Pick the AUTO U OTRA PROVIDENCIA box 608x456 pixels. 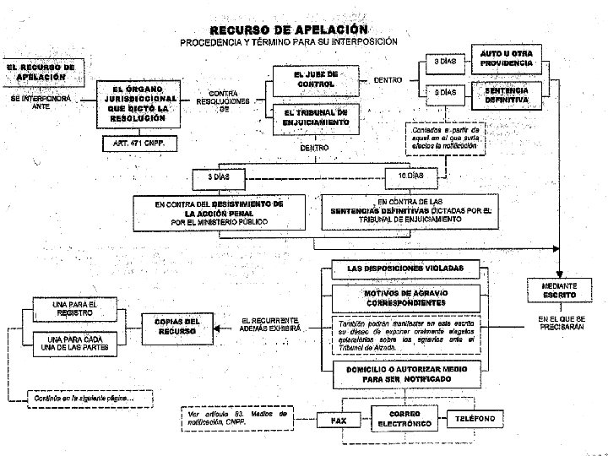click(507, 59)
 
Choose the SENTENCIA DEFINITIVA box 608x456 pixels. click(507, 94)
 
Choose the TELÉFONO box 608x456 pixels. click(480, 420)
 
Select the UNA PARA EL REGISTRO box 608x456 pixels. click(75, 309)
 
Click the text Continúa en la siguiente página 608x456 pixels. click(78, 397)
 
